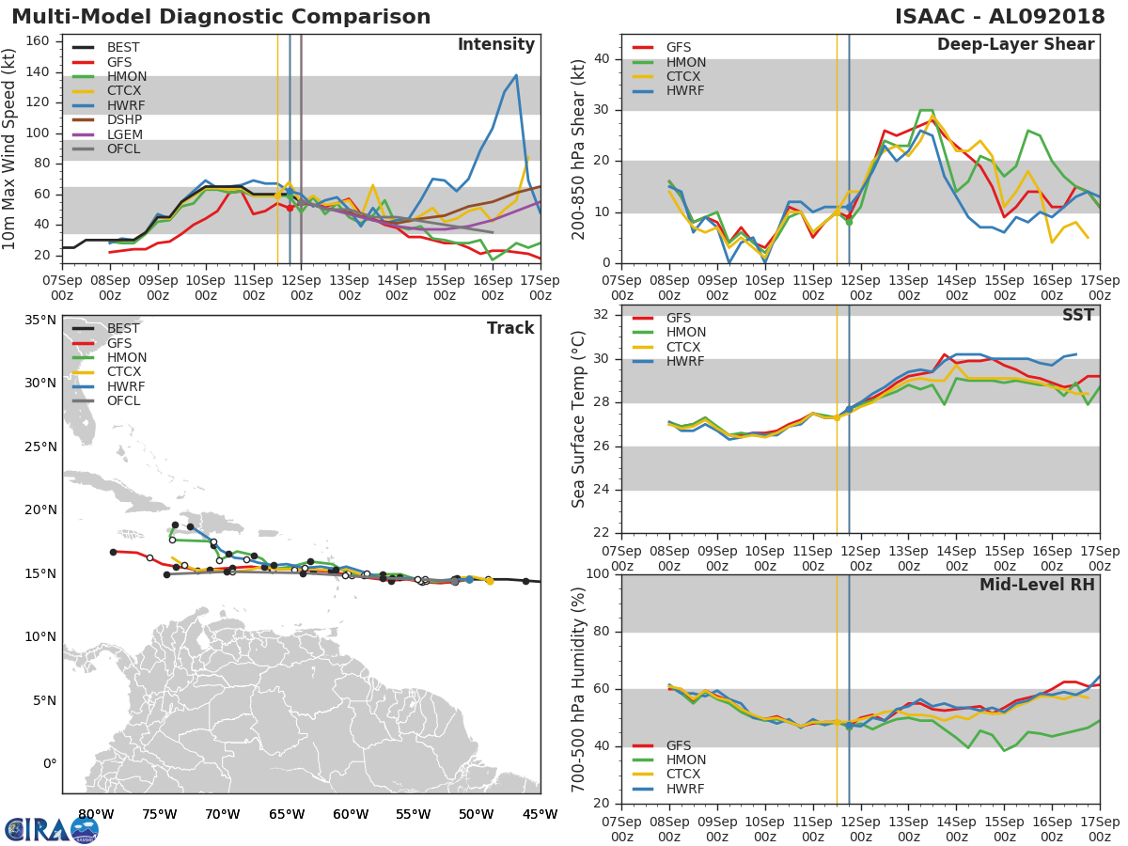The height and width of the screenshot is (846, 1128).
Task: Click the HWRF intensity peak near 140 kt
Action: click(x=516, y=75)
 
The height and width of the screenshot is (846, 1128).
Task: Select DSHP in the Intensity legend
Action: click(x=124, y=119)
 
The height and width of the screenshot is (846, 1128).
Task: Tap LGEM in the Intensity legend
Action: click(x=125, y=134)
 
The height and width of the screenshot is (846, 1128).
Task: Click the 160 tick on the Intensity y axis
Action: click(x=38, y=41)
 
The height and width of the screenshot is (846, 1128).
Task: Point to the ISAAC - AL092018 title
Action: click(x=1000, y=16)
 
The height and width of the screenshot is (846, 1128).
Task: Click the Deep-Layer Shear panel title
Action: click(x=1015, y=44)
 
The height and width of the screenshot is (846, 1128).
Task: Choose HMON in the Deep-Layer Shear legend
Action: click(x=686, y=62)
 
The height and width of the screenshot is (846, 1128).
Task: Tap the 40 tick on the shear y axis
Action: click(x=603, y=58)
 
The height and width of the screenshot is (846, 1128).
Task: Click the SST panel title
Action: click(x=1078, y=315)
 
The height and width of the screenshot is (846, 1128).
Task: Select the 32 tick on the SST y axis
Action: click(x=603, y=314)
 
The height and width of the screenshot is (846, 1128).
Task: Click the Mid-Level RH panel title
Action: click(x=1037, y=585)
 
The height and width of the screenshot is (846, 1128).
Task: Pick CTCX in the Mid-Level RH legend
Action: click(x=683, y=774)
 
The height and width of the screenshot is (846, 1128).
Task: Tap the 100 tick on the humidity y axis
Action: click(x=598, y=573)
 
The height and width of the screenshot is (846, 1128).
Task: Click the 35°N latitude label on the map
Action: click(x=40, y=320)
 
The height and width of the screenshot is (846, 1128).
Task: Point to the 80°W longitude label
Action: click(x=96, y=814)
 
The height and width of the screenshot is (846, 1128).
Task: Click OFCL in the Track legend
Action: click(x=123, y=401)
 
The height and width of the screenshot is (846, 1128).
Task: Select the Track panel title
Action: click(x=510, y=328)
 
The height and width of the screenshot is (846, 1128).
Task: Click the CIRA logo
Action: click(x=52, y=830)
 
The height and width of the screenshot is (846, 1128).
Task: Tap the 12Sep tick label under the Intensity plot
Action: click(x=302, y=288)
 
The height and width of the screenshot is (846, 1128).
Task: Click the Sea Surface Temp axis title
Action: click(x=578, y=419)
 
